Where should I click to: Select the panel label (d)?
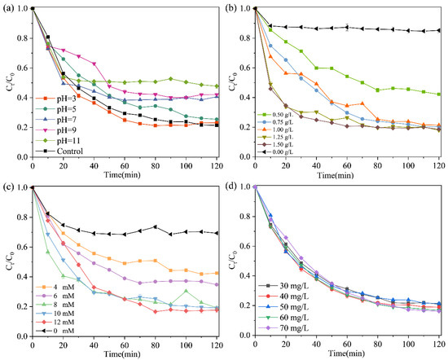234,187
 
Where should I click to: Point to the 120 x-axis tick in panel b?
439,166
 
